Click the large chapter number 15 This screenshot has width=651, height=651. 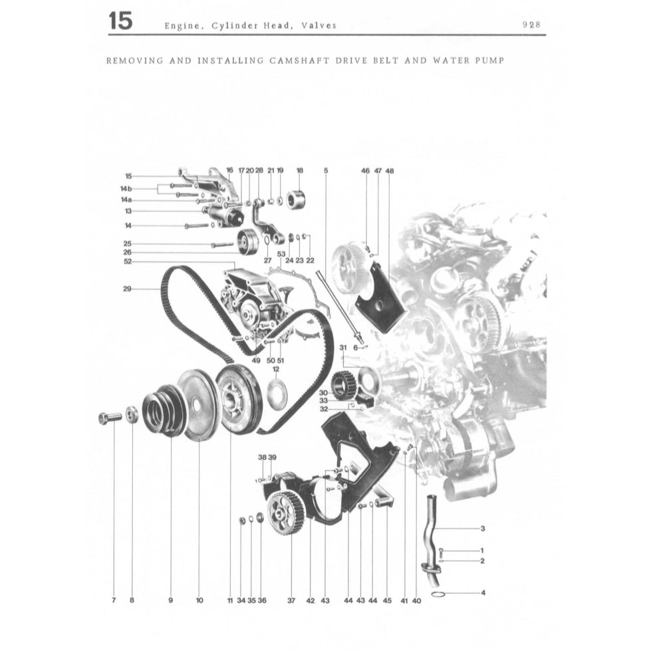tap(120, 21)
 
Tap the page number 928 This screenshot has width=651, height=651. tap(531, 25)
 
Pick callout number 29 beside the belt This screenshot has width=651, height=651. tap(126, 289)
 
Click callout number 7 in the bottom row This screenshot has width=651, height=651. tap(114, 600)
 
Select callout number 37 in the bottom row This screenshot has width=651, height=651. tap(291, 600)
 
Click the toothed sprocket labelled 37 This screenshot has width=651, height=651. tap(286, 513)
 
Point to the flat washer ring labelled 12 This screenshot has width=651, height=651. tap(276, 395)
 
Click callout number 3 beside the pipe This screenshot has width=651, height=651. tap(482, 529)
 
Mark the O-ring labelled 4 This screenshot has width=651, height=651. tap(438, 593)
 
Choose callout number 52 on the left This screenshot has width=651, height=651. tap(126, 261)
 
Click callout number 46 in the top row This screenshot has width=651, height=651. tap(365, 171)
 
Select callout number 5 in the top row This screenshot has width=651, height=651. tap(326, 171)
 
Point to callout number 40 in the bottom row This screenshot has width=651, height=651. tap(417, 600)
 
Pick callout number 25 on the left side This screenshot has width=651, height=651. tap(126, 243)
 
